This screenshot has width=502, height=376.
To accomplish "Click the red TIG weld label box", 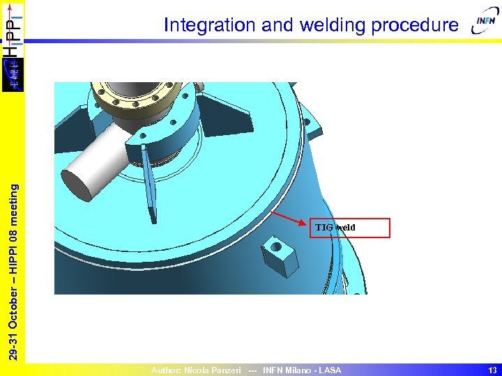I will point(350,228).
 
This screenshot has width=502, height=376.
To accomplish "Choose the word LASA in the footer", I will point(330,370).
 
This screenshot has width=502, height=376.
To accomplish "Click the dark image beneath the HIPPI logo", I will point(13,73).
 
